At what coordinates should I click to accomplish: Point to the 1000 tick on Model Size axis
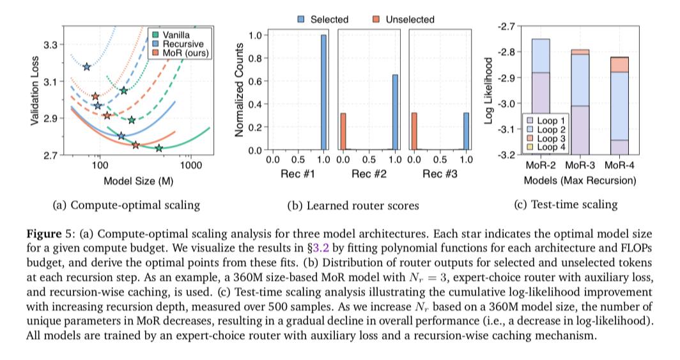tap(190, 165)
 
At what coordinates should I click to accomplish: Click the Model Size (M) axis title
tap(139, 181)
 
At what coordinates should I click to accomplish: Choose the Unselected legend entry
tap(404, 20)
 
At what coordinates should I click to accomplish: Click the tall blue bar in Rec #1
tap(323, 92)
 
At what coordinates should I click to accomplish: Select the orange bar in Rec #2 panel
tap(343, 131)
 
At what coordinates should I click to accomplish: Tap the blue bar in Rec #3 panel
tap(465, 131)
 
